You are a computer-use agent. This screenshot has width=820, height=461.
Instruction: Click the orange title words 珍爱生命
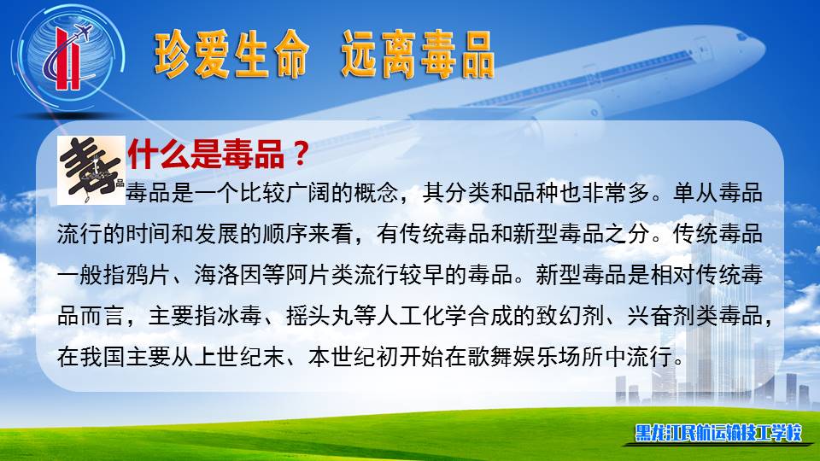[231, 55]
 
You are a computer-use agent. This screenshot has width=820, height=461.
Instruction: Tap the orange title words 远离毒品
[418, 55]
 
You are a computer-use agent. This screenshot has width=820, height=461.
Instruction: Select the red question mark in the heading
[300, 155]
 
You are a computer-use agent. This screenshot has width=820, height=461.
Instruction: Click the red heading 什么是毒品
[207, 155]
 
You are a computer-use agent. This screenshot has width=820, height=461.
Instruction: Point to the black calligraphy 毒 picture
[91, 171]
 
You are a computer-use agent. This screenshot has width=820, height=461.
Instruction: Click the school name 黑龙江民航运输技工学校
[718, 433]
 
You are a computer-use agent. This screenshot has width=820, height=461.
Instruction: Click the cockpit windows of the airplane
[742, 36]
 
